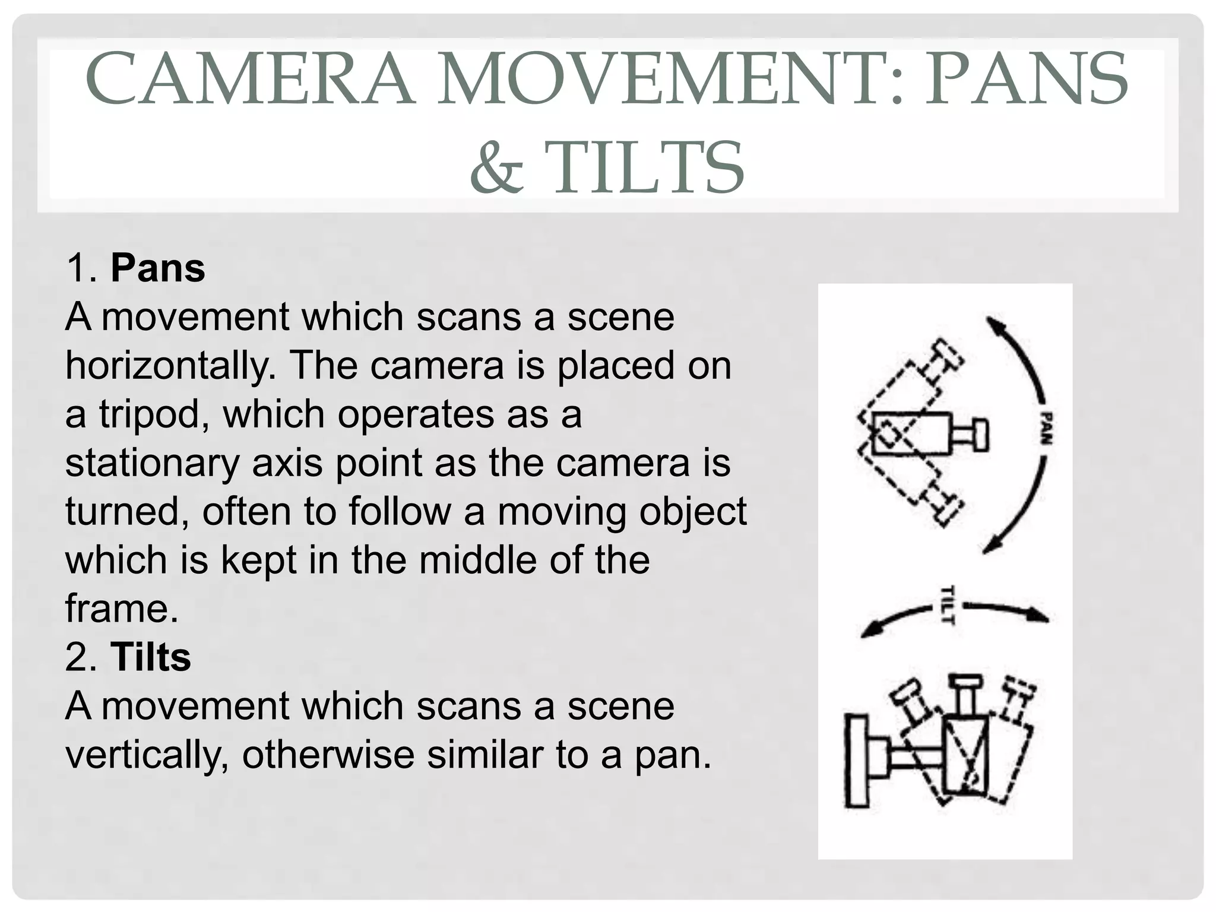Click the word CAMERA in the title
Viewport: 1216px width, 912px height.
250,79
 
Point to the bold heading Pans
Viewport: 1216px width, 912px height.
157,268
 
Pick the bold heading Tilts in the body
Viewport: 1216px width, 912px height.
151,657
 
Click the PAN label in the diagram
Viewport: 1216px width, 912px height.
1046,427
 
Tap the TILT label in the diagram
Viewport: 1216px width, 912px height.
948,604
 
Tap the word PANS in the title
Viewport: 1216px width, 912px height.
1027,79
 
